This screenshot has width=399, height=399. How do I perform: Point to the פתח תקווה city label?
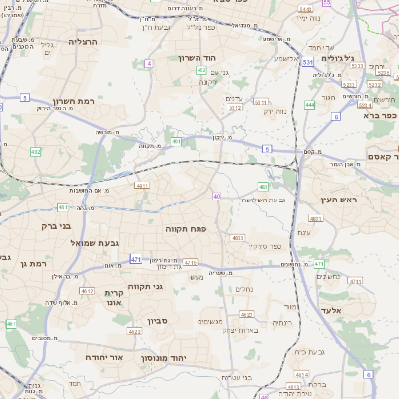tap(185, 228)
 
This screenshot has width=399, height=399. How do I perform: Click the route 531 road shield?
tap(309, 62)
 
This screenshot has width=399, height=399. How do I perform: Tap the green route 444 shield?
tap(310, 104)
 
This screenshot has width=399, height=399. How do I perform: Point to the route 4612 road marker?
tap(87, 290)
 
